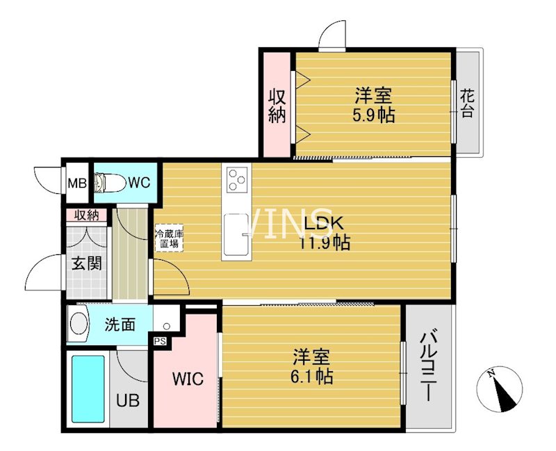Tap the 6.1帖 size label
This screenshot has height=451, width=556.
(x=311, y=377)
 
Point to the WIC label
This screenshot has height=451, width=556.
(x=188, y=379)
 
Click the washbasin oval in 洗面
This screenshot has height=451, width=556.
(x=79, y=325)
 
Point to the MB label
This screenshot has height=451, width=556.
(x=76, y=183)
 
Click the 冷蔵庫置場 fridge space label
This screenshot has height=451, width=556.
(x=169, y=239)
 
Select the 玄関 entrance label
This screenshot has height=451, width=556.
(x=88, y=264)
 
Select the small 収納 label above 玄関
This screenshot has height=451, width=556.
(x=87, y=215)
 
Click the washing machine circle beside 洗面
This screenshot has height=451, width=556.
(x=166, y=325)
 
